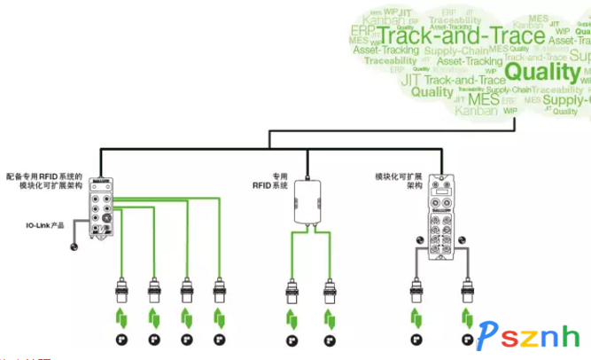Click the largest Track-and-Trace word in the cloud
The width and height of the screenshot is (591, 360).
(461, 36)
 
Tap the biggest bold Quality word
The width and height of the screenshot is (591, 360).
(541, 71)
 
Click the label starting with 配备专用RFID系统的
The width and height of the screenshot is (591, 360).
(50, 181)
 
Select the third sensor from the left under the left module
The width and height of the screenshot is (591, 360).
(187, 292)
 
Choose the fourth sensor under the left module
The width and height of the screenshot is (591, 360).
(219, 292)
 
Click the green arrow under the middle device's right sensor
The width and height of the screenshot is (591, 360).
(330, 317)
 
